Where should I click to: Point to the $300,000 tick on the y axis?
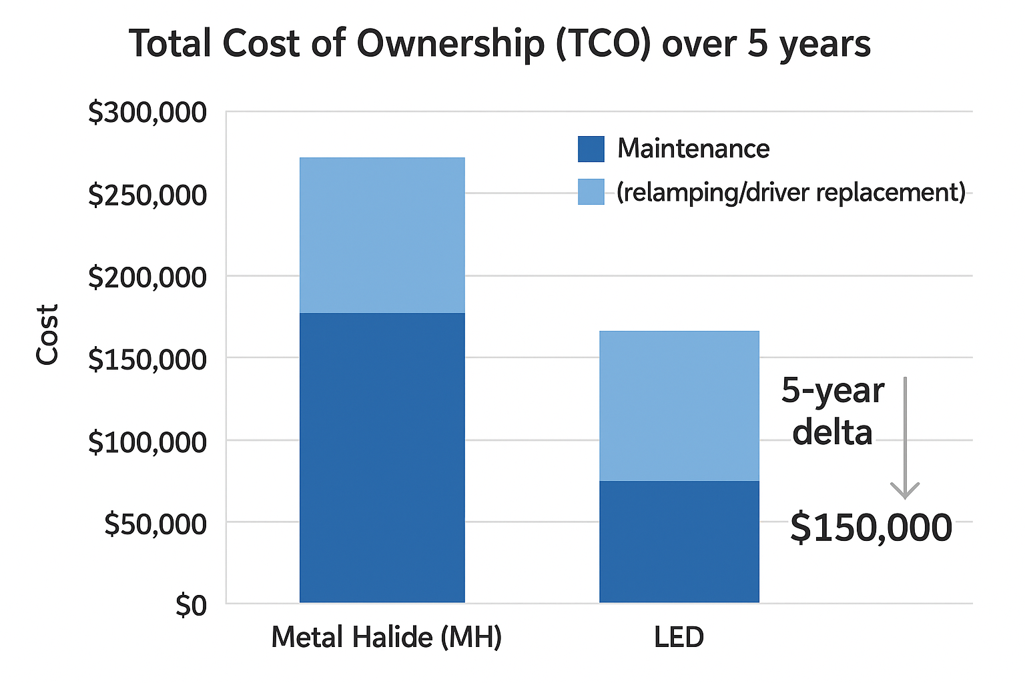click(x=147, y=113)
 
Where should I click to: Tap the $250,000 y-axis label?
click(x=147, y=195)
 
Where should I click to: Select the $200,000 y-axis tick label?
click(x=147, y=277)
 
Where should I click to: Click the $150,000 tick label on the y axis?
click(x=147, y=359)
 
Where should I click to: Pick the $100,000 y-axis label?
click(x=147, y=442)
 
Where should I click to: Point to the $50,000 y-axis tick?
click(x=155, y=524)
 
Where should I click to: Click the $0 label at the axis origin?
click(x=191, y=606)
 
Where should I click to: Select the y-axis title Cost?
click(x=47, y=335)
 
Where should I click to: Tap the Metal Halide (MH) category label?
click(x=386, y=637)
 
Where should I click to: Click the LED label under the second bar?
click(x=679, y=637)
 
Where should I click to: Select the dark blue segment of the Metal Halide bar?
click(x=382, y=458)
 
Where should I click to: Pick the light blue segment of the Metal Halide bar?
click(x=382, y=235)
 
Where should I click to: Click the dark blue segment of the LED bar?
click(x=679, y=542)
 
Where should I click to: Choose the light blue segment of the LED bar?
click(x=679, y=406)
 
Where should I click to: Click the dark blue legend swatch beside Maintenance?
click(x=591, y=149)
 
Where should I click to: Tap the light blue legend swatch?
click(x=591, y=192)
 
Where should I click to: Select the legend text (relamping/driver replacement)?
click(x=791, y=192)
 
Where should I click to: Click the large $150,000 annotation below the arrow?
click(x=871, y=528)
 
